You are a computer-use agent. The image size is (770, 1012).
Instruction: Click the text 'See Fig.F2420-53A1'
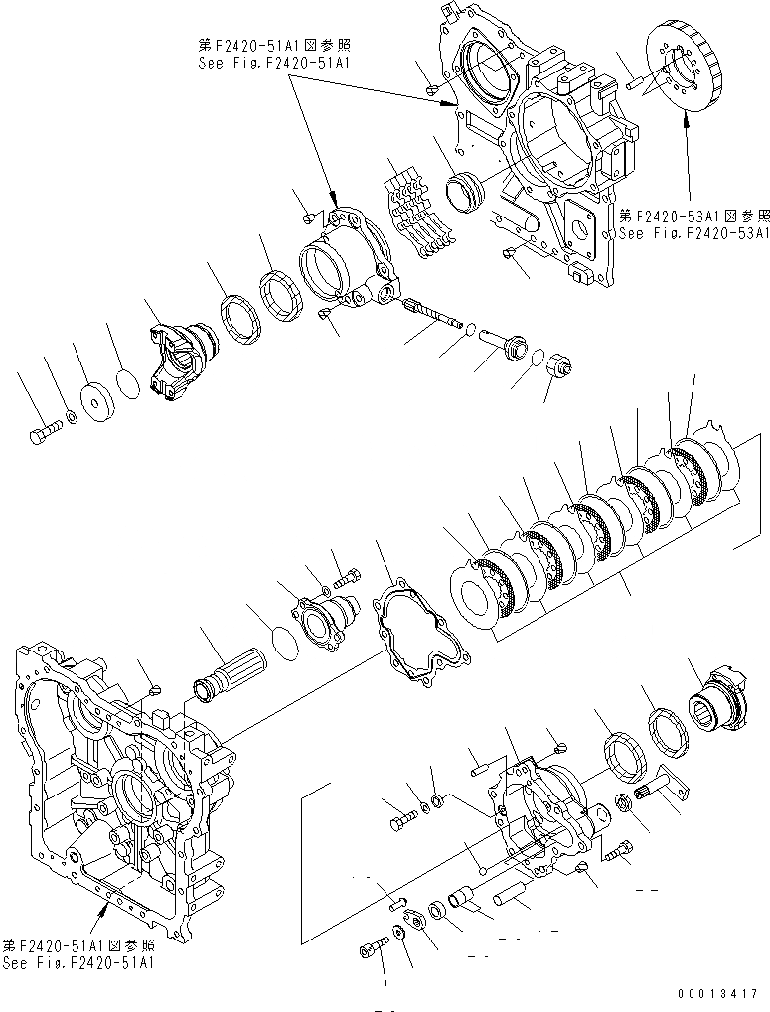(693, 234)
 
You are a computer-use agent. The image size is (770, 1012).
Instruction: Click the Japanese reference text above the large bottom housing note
(77, 945)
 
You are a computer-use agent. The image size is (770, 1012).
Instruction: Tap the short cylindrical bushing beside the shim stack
(467, 191)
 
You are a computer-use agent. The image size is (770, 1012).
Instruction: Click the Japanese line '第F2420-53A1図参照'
(693, 216)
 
